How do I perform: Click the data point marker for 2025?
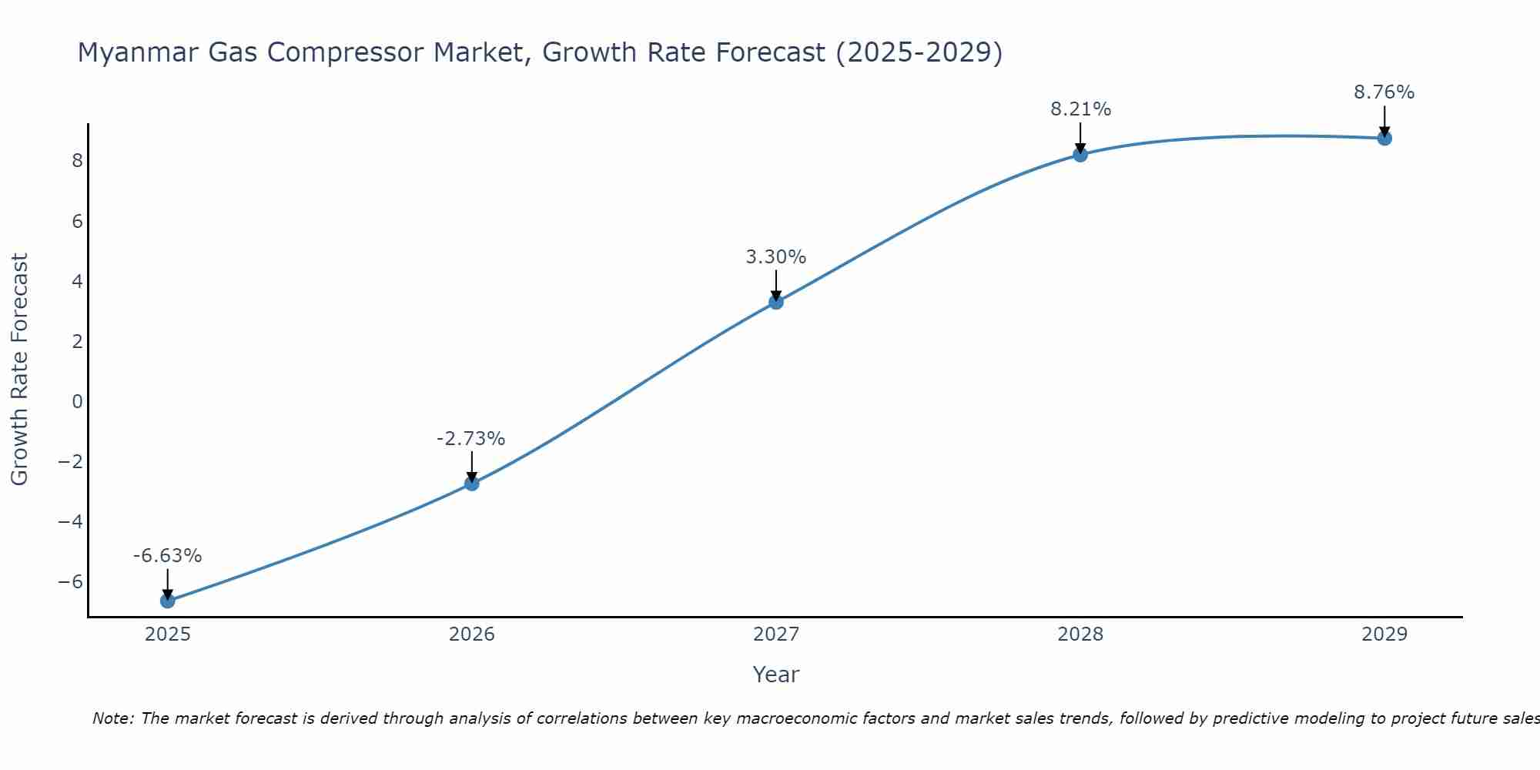(x=167, y=601)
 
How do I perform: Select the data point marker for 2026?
(x=471, y=484)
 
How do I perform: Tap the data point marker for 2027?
(x=775, y=302)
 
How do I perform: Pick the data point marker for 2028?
(x=1080, y=155)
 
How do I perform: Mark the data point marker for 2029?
(x=1384, y=139)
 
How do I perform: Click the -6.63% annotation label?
(x=167, y=556)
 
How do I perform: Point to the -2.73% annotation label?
(x=470, y=439)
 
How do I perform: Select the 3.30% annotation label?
(x=775, y=257)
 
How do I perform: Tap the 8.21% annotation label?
(x=1080, y=109)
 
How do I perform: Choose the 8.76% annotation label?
(x=1384, y=92)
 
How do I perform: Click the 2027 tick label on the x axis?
(x=775, y=634)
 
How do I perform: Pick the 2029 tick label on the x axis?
(x=1384, y=634)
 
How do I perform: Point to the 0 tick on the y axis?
(x=77, y=402)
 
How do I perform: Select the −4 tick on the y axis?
(x=70, y=522)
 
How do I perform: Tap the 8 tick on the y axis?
(x=77, y=161)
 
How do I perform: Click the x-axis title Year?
(x=775, y=675)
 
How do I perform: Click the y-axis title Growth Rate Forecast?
(x=19, y=370)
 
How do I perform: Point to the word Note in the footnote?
(x=113, y=718)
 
